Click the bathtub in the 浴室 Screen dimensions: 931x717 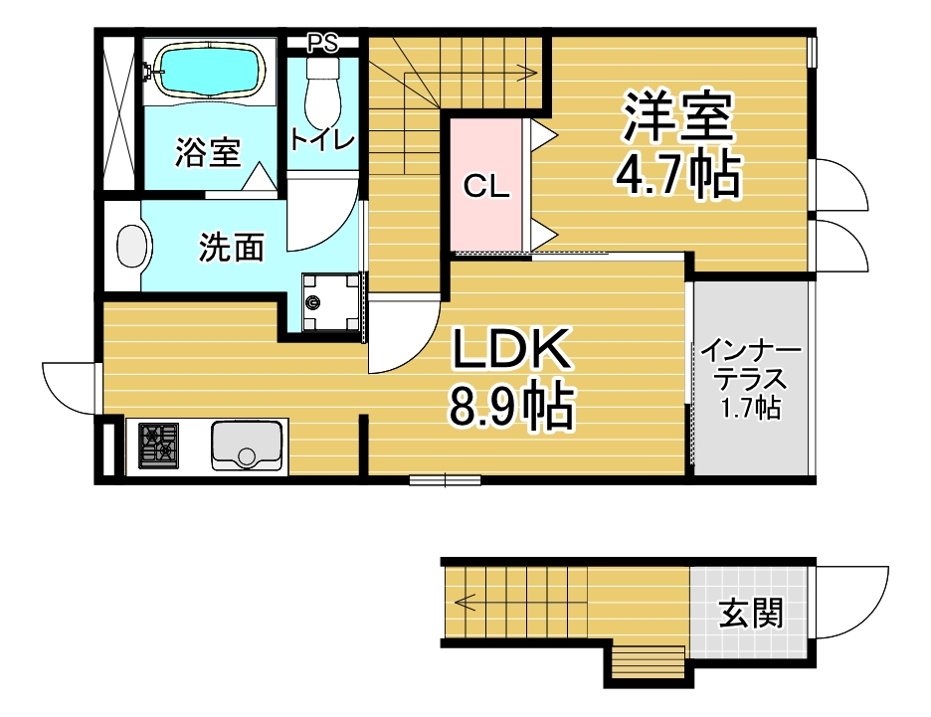(x=210, y=71)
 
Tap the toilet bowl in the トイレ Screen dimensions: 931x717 (x=323, y=93)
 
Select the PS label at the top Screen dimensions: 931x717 (x=323, y=43)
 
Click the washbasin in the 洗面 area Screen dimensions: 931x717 (x=132, y=247)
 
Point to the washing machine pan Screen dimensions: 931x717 (x=330, y=302)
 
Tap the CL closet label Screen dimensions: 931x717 (x=486, y=186)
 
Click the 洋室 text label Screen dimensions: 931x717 (x=677, y=115)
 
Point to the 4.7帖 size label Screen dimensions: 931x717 (x=677, y=174)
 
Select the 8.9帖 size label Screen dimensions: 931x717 (x=512, y=407)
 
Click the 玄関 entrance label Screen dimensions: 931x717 (x=751, y=614)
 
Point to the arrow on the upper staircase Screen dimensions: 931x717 (x=470, y=73)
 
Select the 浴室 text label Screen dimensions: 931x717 (x=208, y=152)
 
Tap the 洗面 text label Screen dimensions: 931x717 (x=231, y=247)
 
